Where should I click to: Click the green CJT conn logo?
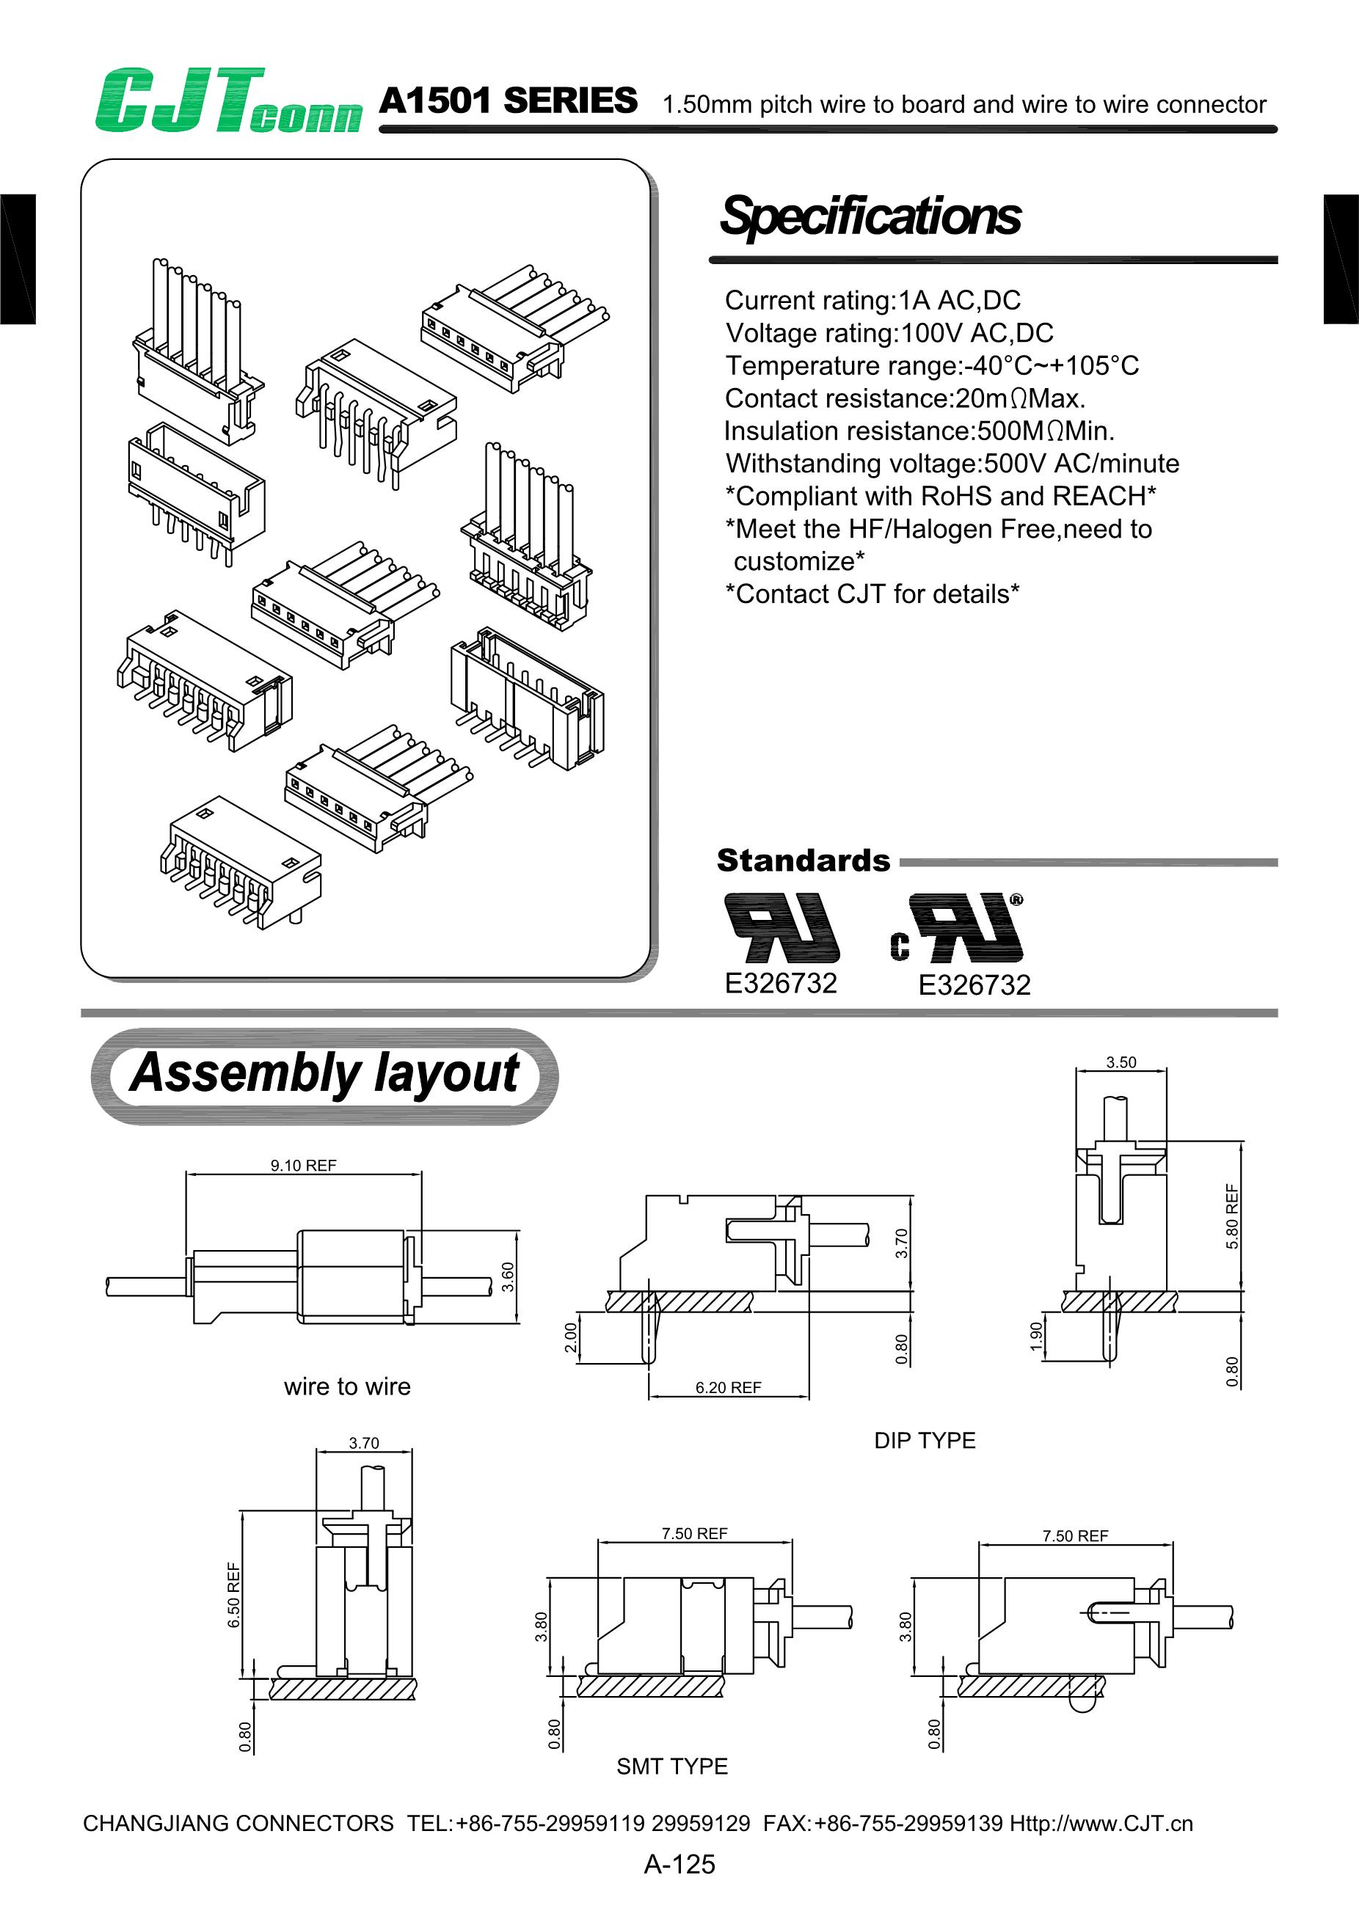[x=227, y=101]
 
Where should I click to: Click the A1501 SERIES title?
[x=508, y=101]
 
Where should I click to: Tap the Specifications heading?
[x=870, y=216]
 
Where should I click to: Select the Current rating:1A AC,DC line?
[x=872, y=300]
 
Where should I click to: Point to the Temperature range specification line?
[x=931, y=365]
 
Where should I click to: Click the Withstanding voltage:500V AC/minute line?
[x=952, y=463]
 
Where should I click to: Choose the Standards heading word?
[x=803, y=860]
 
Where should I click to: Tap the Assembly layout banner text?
[x=324, y=1074]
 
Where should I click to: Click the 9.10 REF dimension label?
[x=303, y=1165]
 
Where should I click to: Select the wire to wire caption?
[x=346, y=1386]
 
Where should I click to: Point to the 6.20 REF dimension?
[x=728, y=1387]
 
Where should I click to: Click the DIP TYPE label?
[x=925, y=1440]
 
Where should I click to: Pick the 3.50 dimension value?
[x=1121, y=1062]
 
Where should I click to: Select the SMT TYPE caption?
[x=671, y=1766]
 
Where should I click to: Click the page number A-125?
[x=679, y=1864]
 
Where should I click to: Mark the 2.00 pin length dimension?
[x=570, y=1337]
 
